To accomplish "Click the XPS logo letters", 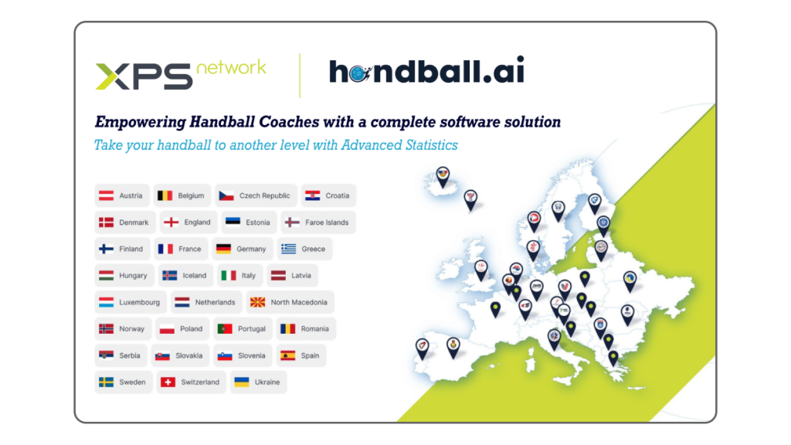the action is point(144,76).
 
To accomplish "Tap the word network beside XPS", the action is point(231,67).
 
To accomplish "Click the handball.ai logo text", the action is point(426,70).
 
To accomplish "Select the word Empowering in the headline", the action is point(141,122).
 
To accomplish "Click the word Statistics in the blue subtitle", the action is point(432,145).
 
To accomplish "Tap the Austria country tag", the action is point(121,195).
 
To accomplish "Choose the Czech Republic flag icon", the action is point(226,195).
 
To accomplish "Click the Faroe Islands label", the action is point(327,222).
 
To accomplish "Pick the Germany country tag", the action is point(242,249).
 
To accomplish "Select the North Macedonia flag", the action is point(257,302).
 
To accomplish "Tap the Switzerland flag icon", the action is point(168,382).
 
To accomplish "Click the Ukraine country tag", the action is point(258,382).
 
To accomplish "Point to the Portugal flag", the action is point(225,329).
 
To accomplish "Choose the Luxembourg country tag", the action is point(131,302).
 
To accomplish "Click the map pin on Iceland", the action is point(443,177).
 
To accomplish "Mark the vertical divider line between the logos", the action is point(300,76).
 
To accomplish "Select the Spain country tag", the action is point(301,355).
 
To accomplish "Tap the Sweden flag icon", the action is point(106,382).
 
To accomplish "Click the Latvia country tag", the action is point(293,276).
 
